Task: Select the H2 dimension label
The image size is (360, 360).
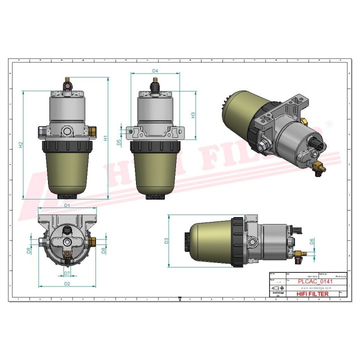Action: click(x=20, y=145)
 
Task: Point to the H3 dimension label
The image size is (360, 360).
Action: click(x=193, y=114)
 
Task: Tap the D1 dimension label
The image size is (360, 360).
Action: click(x=66, y=205)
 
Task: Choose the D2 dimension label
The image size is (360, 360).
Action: click(x=66, y=284)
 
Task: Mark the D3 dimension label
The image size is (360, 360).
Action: click(x=166, y=241)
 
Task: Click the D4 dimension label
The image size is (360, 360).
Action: click(x=155, y=70)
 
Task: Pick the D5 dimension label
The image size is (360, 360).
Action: click(x=118, y=142)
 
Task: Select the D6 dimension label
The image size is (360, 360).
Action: click(x=312, y=241)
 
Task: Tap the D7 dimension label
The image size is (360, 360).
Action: click(x=66, y=273)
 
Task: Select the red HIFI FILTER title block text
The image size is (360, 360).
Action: click(x=313, y=294)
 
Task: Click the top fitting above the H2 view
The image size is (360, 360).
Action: click(x=67, y=82)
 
